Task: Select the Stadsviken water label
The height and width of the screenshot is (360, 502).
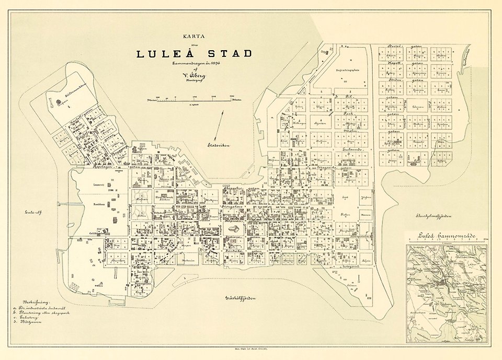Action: [219, 146]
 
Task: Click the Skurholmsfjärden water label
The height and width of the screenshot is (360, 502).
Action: [433, 216]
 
